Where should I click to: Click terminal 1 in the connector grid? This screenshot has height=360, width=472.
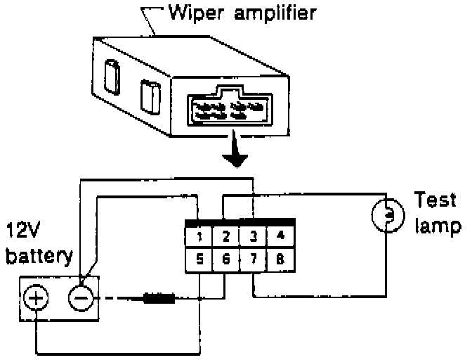tap(199, 237)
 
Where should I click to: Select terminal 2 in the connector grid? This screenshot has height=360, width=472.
tap(225, 237)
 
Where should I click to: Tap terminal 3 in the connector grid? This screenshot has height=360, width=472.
tap(253, 237)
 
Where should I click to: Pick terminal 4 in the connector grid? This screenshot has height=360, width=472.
tap(280, 237)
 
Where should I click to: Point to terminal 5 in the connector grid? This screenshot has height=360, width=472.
tap(199, 259)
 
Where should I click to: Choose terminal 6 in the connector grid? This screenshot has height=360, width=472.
tap(225, 259)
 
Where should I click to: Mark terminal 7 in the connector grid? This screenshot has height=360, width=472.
tap(253, 259)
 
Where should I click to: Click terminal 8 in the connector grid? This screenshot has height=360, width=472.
tap(280, 259)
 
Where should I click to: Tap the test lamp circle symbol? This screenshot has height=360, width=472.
tap(373, 215)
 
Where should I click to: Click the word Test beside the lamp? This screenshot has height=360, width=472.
tap(435, 200)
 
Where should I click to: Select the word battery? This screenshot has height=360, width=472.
tap(39, 256)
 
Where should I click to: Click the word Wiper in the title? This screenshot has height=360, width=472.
tap(196, 13)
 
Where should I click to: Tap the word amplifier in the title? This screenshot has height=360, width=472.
tap(275, 13)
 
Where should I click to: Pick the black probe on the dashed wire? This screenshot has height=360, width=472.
tap(159, 298)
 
